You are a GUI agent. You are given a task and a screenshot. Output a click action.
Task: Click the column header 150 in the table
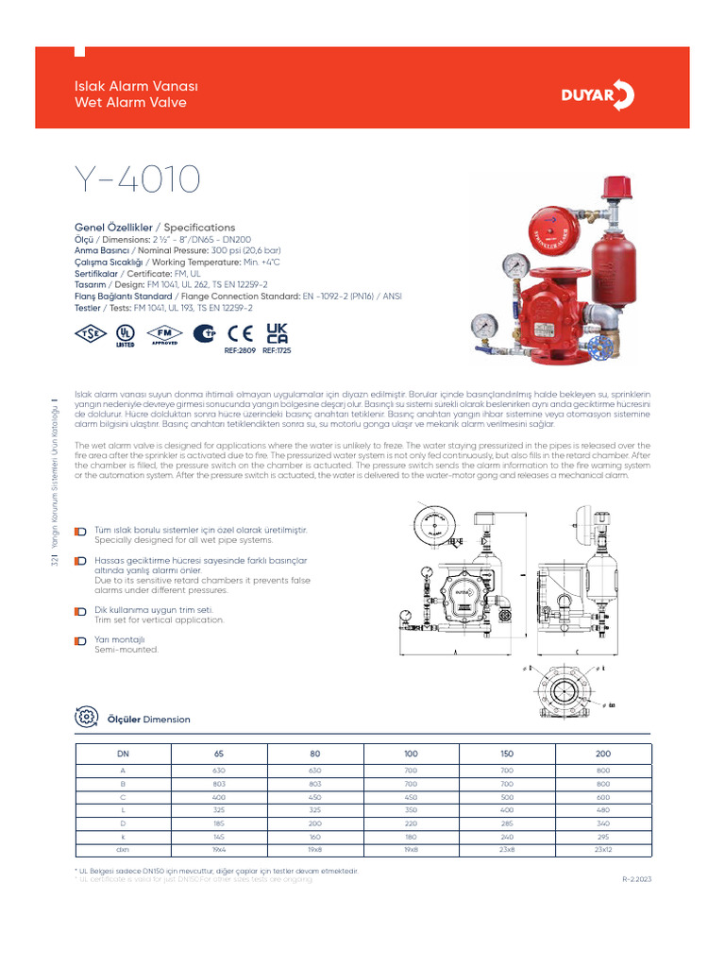[507, 754]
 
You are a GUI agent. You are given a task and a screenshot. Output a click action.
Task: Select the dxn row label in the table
[122, 850]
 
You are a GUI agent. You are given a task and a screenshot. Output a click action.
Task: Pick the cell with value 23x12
[604, 850]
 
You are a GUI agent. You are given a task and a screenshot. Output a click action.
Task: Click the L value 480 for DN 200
[604, 810]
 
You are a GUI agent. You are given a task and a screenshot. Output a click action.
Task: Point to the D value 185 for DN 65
[219, 823]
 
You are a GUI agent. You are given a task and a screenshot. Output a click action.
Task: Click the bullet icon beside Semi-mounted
[81, 641]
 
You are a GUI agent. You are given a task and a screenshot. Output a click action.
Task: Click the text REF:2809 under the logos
[241, 350]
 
